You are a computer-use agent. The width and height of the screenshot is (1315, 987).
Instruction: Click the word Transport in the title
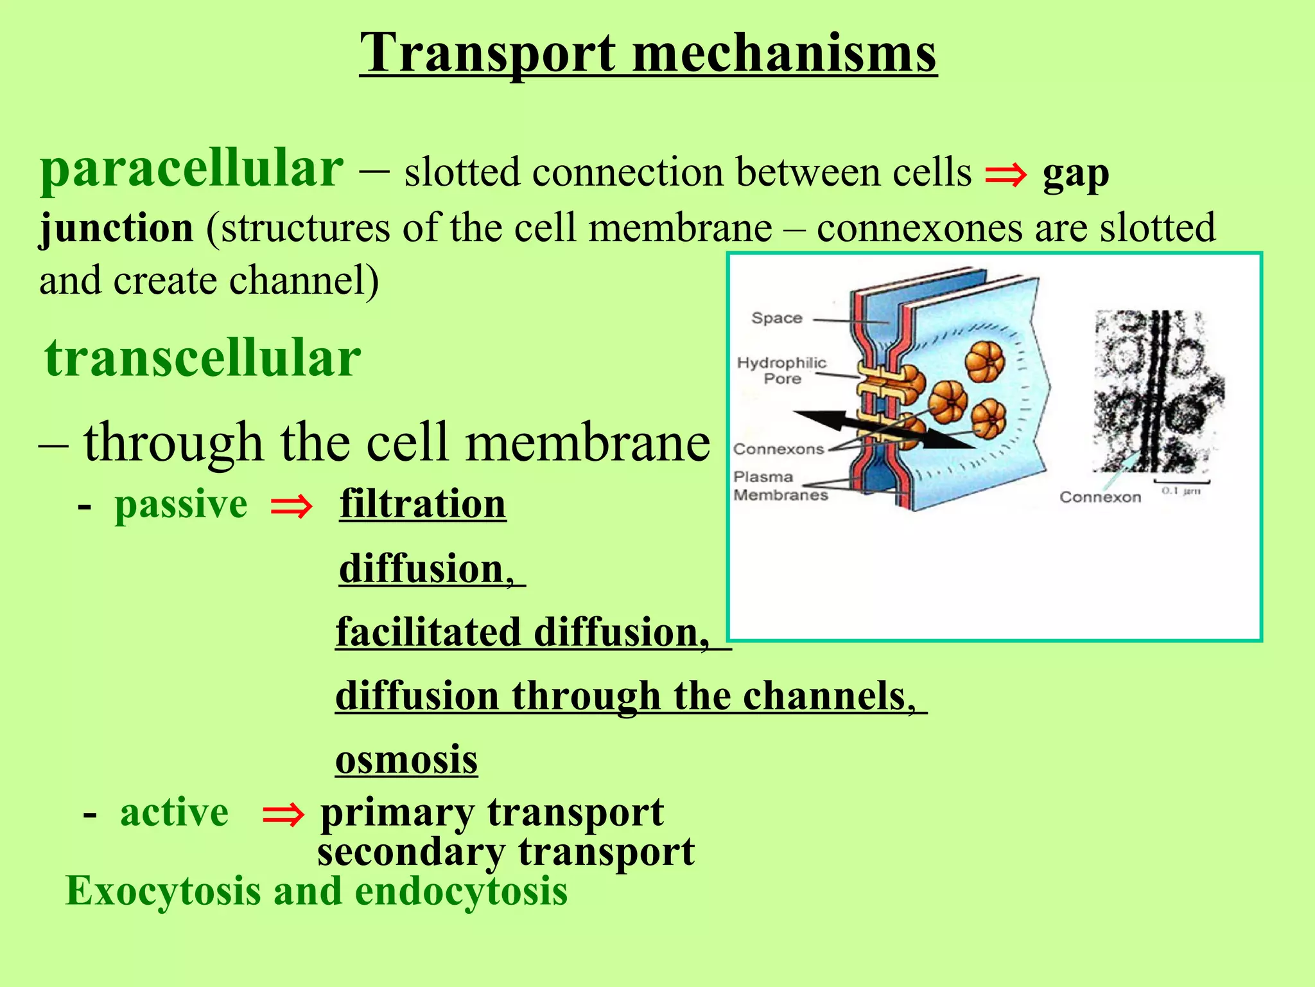pyautogui.click(x=488, y=54)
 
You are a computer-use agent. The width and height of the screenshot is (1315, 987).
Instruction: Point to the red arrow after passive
pyautogui.click(x=292, y=506)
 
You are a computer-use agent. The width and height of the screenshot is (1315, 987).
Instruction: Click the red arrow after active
pyautogui.click(x=283, y=815)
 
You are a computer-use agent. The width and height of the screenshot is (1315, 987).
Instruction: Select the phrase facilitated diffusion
pyautogui.click(x=523, y=632)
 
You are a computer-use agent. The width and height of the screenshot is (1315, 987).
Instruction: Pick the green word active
pyautogui.click(x=174, y=812)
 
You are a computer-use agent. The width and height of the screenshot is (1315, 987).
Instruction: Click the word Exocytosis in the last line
pyautogui.click(x=164, y=892)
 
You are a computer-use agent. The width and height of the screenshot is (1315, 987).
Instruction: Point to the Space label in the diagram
pyautogui.click(x=777, y=318)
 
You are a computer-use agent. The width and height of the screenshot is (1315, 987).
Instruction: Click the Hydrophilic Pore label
pyautogui.click(x=781, y=371)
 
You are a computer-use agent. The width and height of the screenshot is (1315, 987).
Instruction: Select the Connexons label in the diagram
pyautogui.click(x=778, y=449)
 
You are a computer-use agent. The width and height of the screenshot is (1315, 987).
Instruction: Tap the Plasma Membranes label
pyautogui.click(x=780, y=486)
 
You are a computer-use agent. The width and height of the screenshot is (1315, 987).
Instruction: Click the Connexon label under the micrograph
pyautogui.click(x=1100, y=497)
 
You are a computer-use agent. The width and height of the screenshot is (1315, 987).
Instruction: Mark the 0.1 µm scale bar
pyautogui.click(x=1181, y=482)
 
